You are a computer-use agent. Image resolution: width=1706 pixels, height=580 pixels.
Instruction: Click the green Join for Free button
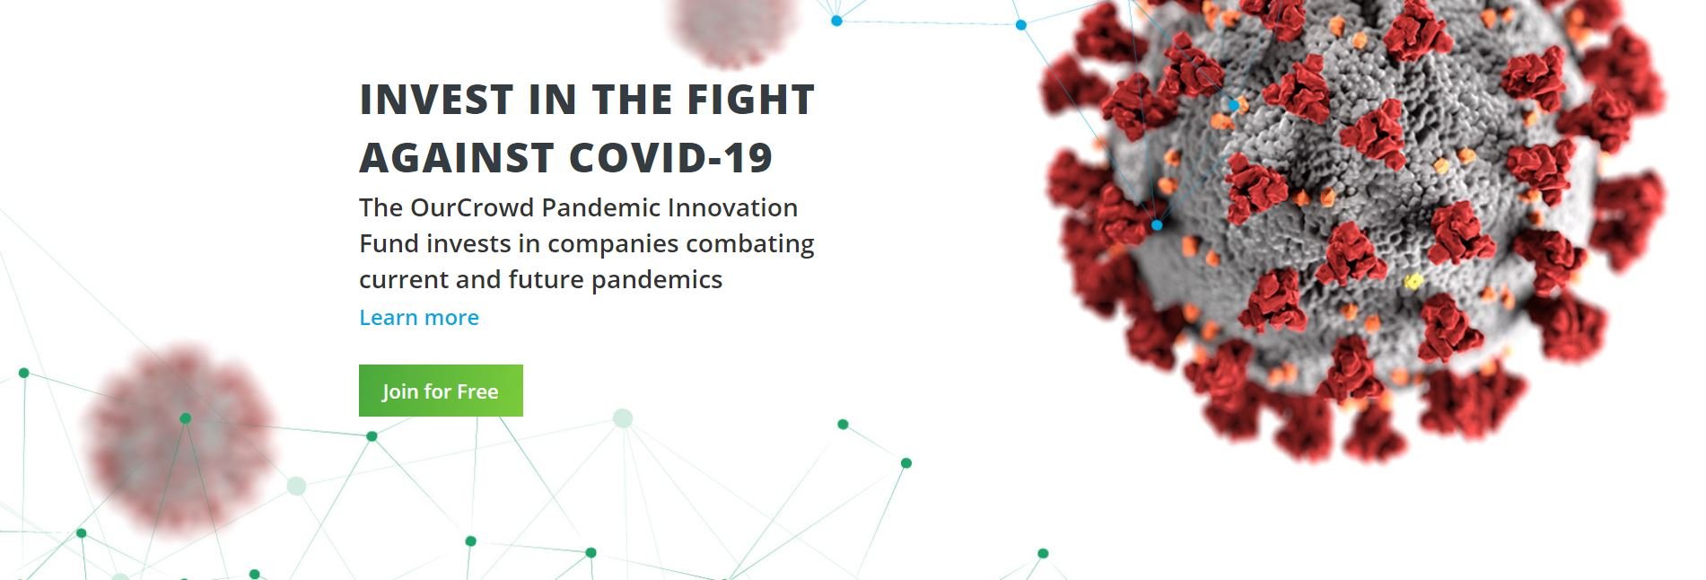(441, 391)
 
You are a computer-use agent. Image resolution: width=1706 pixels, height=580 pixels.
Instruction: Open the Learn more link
(419, 318)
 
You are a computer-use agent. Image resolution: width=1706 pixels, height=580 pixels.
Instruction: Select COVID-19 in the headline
(670, 158)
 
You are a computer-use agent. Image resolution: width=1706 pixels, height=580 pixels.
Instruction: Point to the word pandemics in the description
(657, 280)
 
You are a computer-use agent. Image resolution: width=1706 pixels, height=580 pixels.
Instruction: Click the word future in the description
(547, 280)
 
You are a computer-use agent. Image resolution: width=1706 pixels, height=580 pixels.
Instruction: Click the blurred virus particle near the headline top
(732, 29)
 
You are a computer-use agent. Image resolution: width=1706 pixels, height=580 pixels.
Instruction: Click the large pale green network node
(623, 417)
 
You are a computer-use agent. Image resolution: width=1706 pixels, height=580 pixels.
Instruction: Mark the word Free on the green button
(477, 391)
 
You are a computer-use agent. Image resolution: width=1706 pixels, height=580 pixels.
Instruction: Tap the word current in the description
(404, 280)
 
